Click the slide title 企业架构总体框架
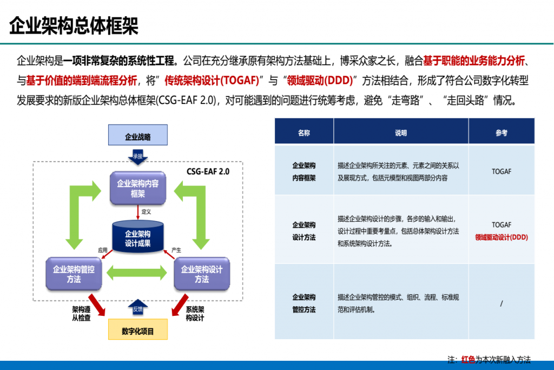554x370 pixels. click(x=74, y=26)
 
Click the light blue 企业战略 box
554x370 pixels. click(x=138, y=135)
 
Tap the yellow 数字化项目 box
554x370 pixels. click(x=138, y=329)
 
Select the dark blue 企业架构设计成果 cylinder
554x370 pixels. click(x=138, y=237)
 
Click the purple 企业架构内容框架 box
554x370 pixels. click(x=138, y=188)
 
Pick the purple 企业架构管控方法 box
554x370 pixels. click(x=74, y=274)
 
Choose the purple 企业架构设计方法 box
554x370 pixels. click(x=202, y=274)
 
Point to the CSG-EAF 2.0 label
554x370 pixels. click(x=208, y=172)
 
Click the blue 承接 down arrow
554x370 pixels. click(x=138, y=158)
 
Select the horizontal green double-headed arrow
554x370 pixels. click(x=136, y=273)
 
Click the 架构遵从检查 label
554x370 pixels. click(x=81, y=314)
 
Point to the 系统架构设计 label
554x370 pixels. click(x=195, y=314)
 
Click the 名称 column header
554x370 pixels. click(x=304, y=133)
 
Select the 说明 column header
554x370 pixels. click(x=401, y=133)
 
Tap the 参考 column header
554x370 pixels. click(x=502, y=133)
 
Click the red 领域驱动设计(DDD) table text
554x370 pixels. click(x=502, y=237)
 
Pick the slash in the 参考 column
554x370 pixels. click(x=502, y=303)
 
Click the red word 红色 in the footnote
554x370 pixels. click(x=468, y=359)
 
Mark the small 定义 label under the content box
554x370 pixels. click(x=146, y=211)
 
